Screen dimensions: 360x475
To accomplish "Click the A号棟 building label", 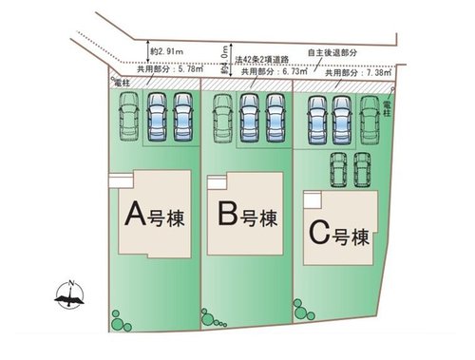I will coord(154,216).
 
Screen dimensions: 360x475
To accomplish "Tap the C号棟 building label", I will coord(337,231).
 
